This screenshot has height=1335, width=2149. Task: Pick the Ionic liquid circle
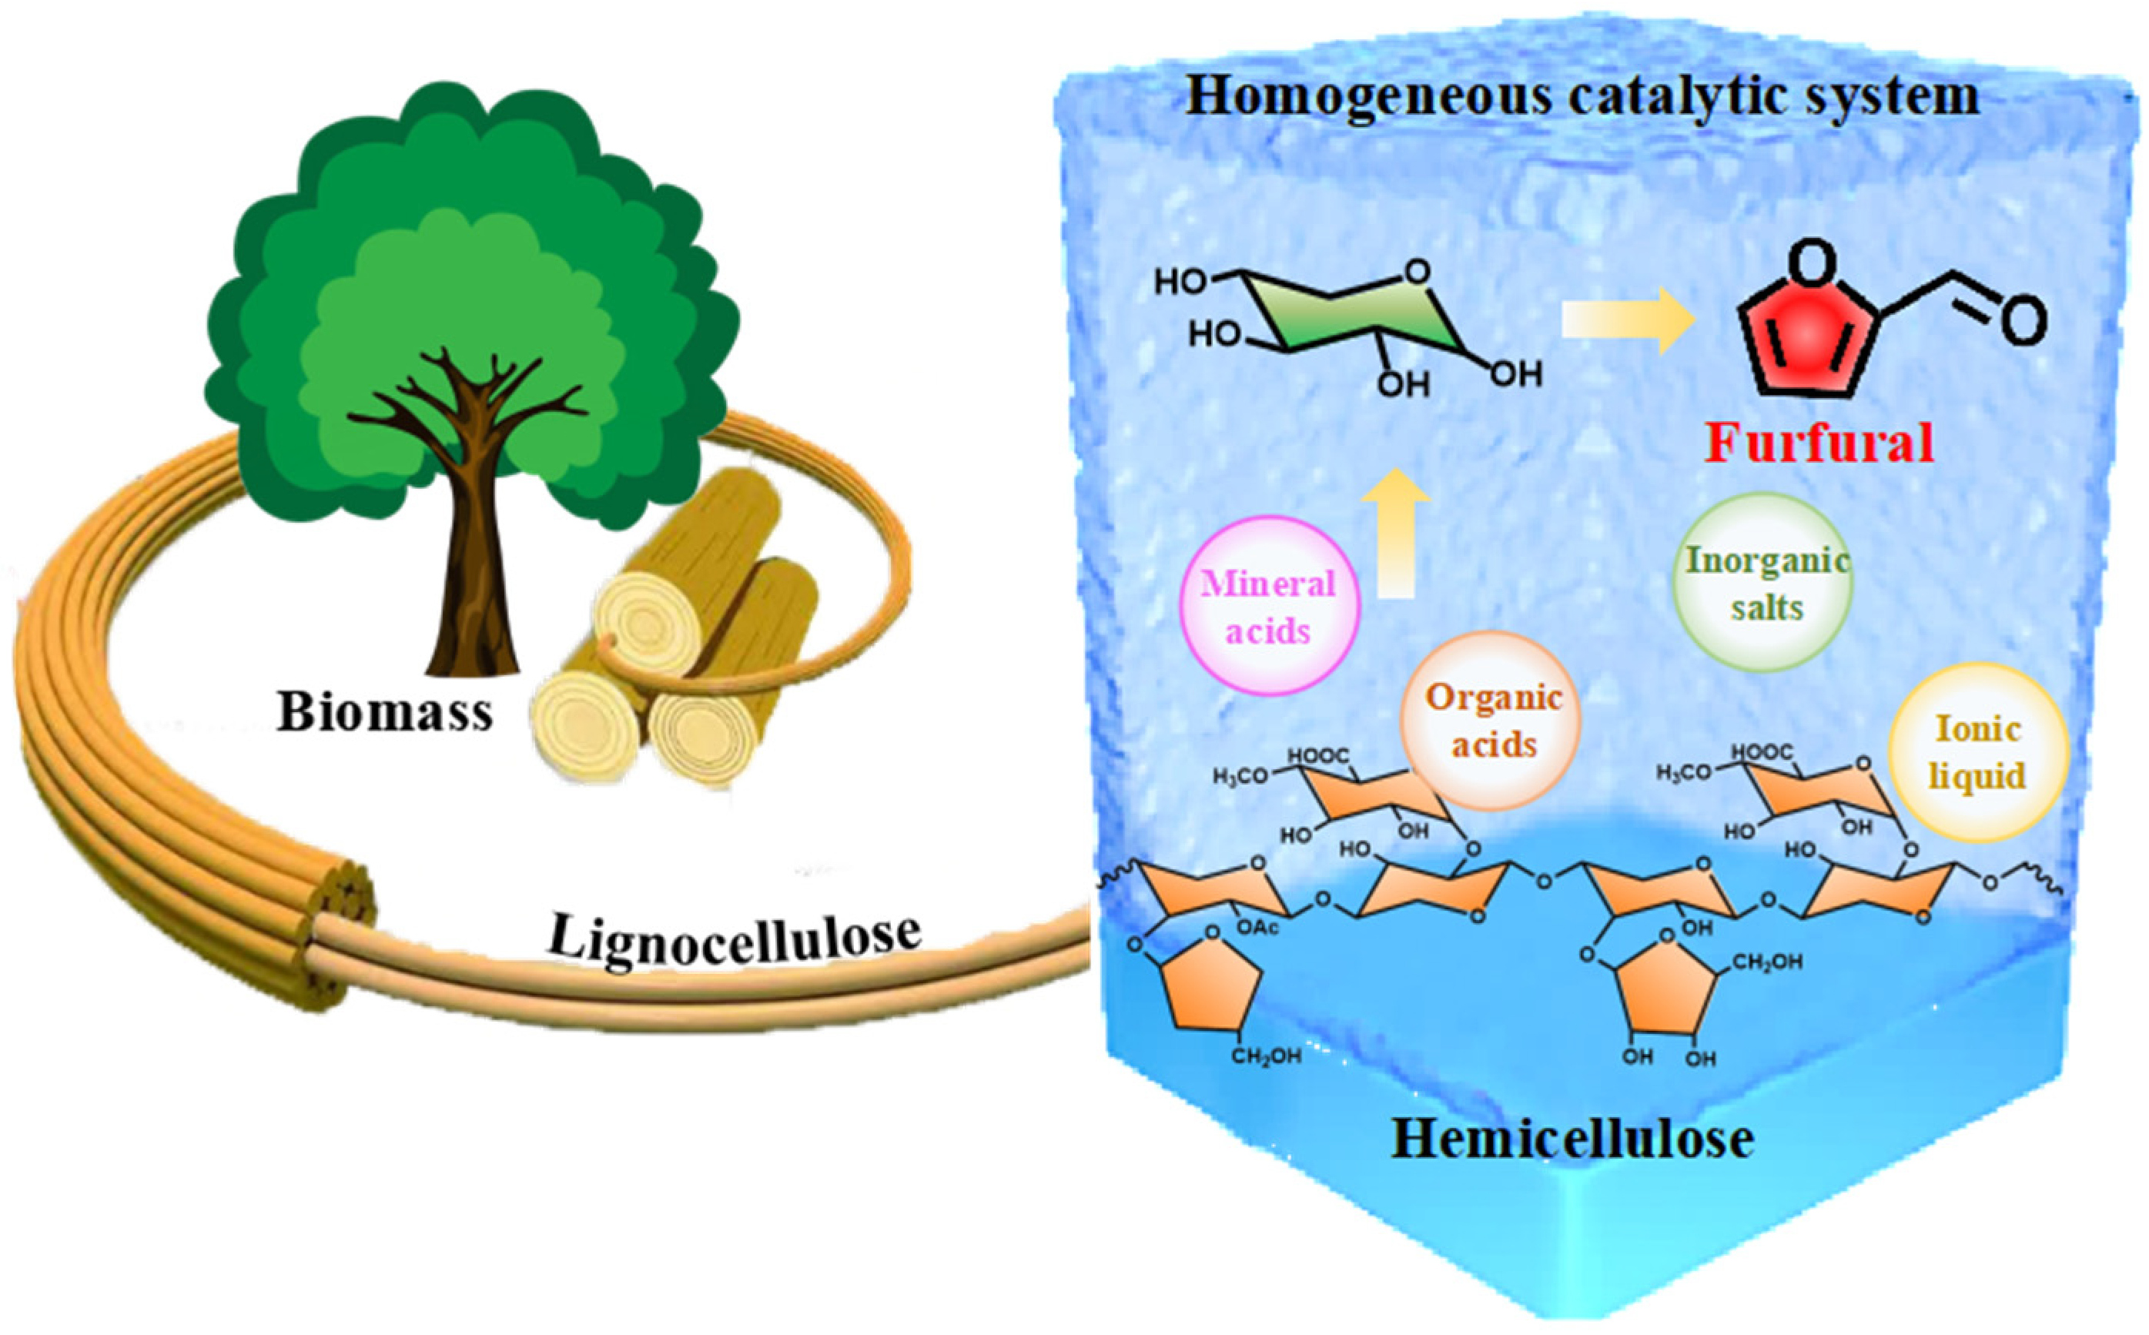pos(1978,751)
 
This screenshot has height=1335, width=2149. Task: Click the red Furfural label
pos(1819,444)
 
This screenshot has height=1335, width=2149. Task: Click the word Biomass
pos(385,711)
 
